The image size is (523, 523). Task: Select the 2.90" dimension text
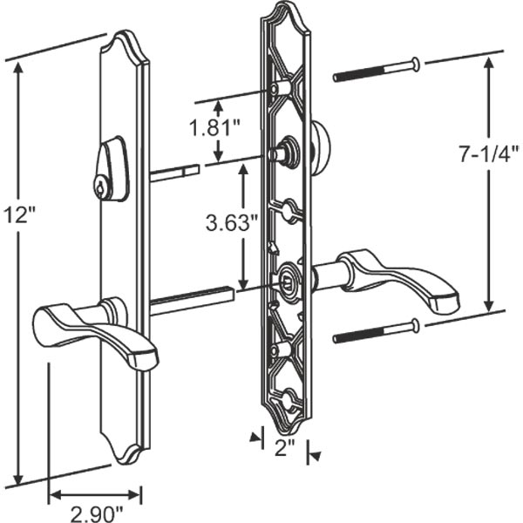(x=94, y=512)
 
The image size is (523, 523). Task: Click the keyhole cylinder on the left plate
(x=104, y=184)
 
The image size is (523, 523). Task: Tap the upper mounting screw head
(x=415, y=63)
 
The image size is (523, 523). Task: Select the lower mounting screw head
(x=415, y=326)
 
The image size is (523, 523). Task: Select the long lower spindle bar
(x=192, y=299)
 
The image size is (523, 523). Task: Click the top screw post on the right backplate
(x=282, y=89)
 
